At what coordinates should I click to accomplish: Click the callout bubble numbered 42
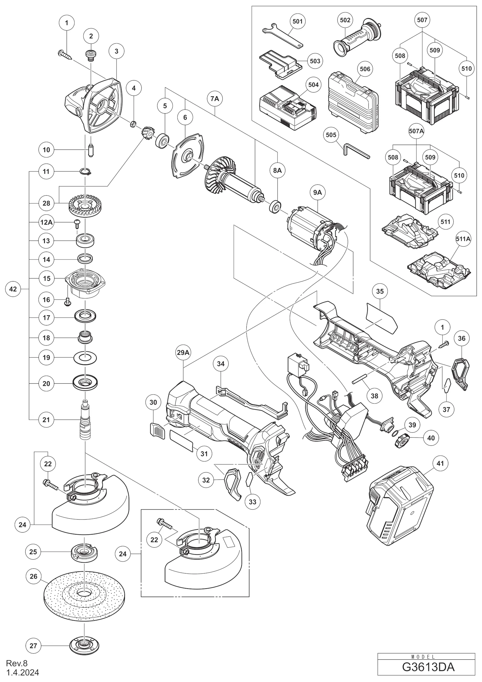click(x=13, y=289)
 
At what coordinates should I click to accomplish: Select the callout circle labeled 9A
click(x=318, y=192)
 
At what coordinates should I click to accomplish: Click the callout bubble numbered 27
click(x=33, y=646)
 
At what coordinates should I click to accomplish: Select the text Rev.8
click(x=17, y=663)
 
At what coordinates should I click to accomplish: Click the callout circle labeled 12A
click(x=46, y=222)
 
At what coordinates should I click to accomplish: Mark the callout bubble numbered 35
click(x=380, y=291)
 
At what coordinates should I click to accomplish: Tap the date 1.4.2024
click(x=23, y=672)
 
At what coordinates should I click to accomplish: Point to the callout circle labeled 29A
click(x=183, y=352)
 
